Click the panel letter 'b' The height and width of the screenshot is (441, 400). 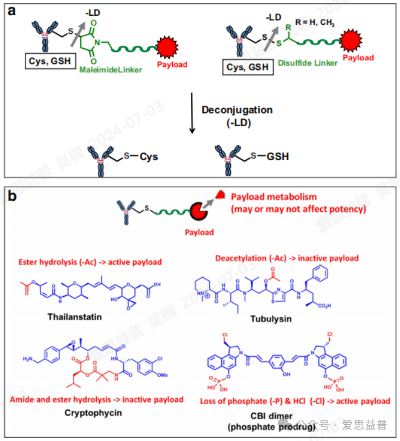11,195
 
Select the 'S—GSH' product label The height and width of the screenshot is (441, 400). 271,156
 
